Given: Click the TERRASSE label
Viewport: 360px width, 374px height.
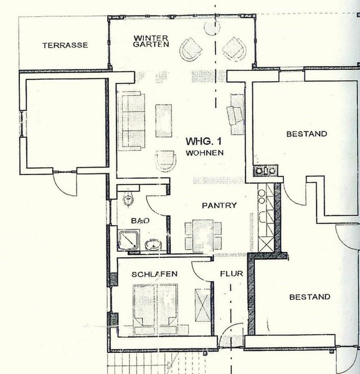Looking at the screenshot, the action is pyautogui.click(x=65, y=46).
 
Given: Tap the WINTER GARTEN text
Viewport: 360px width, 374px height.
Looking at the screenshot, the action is pyautogui.click(x=151, y=41).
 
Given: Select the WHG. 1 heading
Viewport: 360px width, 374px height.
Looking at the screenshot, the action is pyautogui.click(x=204, y=141).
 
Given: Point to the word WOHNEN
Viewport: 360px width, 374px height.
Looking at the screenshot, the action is pyautogui.click(x=205, y=153).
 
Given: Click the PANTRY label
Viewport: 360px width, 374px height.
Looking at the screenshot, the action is pyautogui.click(x=219, y=205).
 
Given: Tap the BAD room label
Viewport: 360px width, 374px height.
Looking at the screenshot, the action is pyautogui.click(x=140, y=221).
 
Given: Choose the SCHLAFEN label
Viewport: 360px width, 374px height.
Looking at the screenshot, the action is pyautogui.click(x=154, y=274).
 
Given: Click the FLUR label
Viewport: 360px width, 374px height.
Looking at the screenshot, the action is pyautogui.click(x=231, y=274).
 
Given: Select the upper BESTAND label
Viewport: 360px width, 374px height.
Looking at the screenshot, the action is pyautogui.click(x=306, y=134).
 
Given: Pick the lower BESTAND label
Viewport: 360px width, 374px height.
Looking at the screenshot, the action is pyautogui.click(x=310, y=297).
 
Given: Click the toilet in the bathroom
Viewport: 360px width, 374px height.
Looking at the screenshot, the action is pyautogui.click(x=128, y=199).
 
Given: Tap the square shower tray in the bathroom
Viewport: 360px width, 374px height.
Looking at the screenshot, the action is pyautogui.click(x=128, y=240).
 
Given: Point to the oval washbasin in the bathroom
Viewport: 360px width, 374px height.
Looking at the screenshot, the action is pyautogui.click(x=153, y=245).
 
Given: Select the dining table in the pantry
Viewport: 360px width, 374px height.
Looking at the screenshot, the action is pyautogui.click(x=203, y=236).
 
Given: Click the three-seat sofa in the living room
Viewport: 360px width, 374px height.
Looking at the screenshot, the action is pyautogui.click(x=132, y=121).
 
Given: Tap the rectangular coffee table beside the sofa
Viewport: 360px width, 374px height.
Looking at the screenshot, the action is pyautogui.click(x=164, y=120).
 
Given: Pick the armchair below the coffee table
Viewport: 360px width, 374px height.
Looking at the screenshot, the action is pyautogui.click(x=165, y=161).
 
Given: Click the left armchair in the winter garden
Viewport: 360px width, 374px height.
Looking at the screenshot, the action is pyautogui.click(x=190, y=49).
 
